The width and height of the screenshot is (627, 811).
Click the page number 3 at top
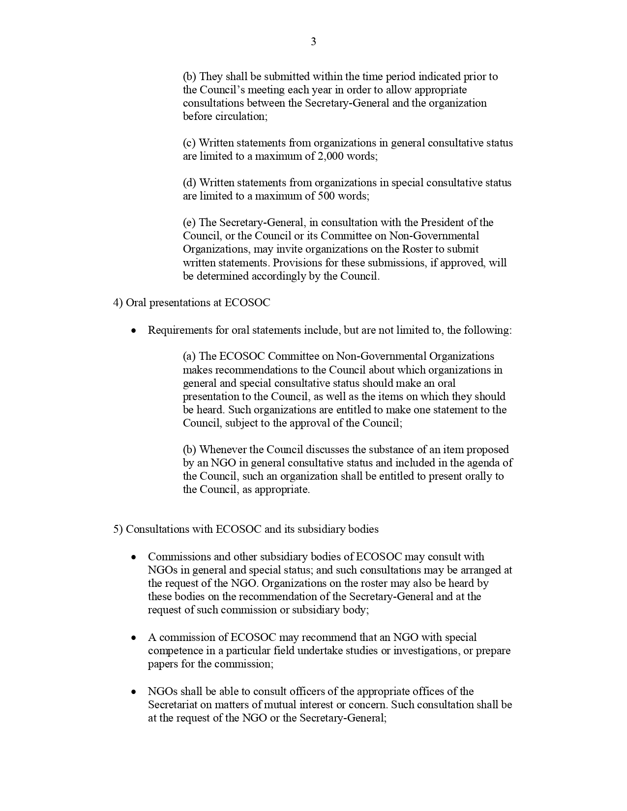pos(313,42)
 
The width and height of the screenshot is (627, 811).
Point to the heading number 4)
pos(118,303)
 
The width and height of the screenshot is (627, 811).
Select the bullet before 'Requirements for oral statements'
pos(133,331)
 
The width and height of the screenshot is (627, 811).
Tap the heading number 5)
pos(118,529)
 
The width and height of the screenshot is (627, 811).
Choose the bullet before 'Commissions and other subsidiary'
pos(133,557)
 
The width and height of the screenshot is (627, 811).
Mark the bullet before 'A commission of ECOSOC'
pos(133,638)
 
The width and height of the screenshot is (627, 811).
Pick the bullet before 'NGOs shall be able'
pos(133,692)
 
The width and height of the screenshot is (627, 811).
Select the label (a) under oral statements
pos(189,356)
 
